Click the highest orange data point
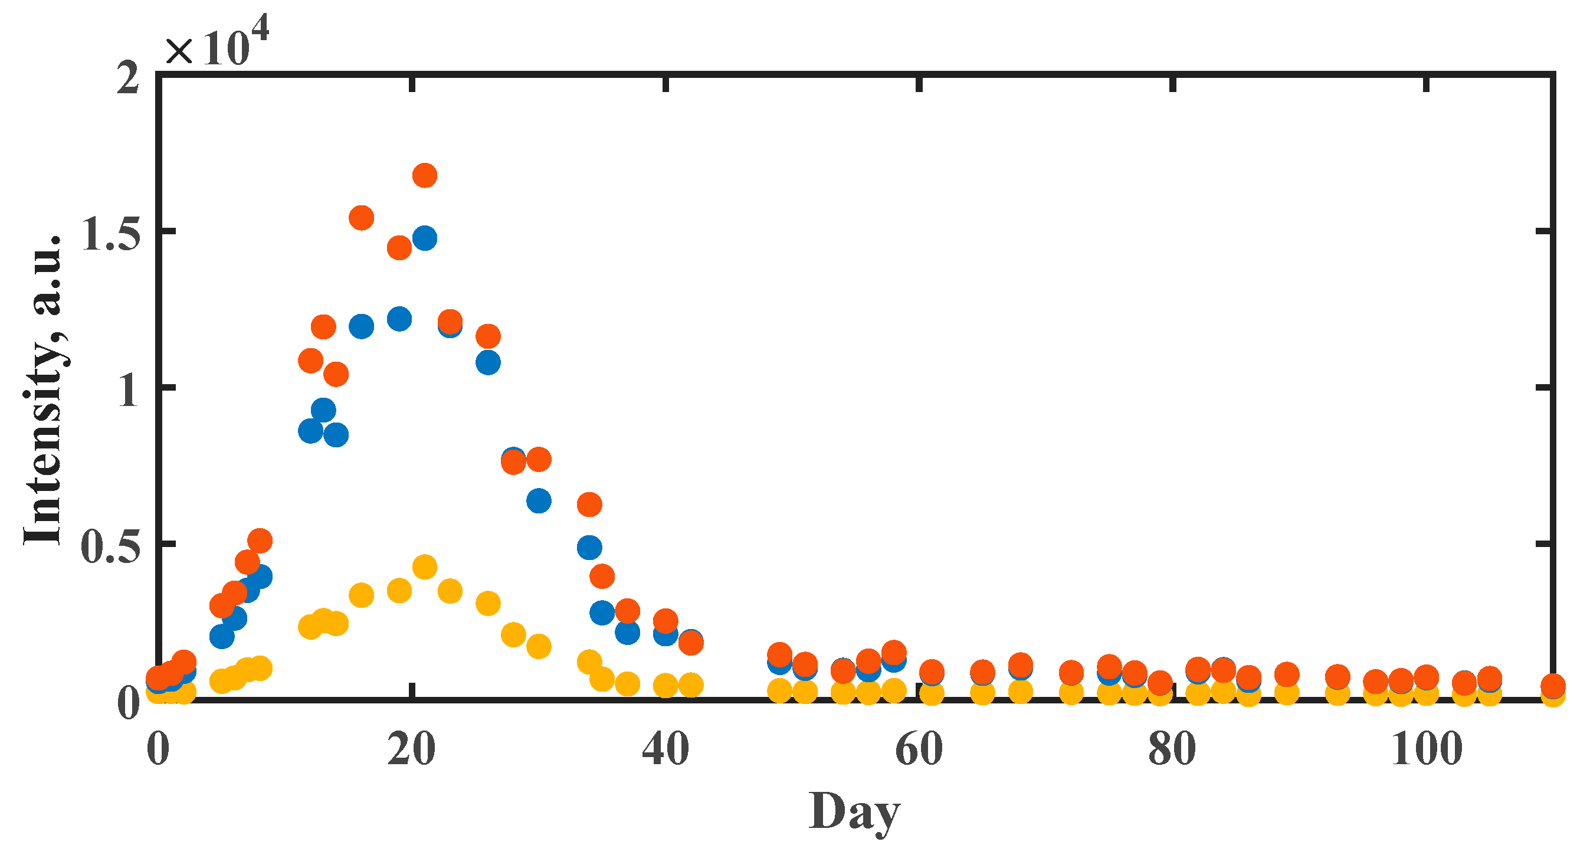[x=425, y=175]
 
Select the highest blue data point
[x=425, y=238]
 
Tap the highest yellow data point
[x=425, y=566]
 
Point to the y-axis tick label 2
[x=129, y=78]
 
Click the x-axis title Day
[x=855, y=813]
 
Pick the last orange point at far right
[x=1553, y=685]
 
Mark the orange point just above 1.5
[x=362, y=217]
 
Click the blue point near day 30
[x=539, y=500]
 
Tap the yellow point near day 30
[x=539, y=646]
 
